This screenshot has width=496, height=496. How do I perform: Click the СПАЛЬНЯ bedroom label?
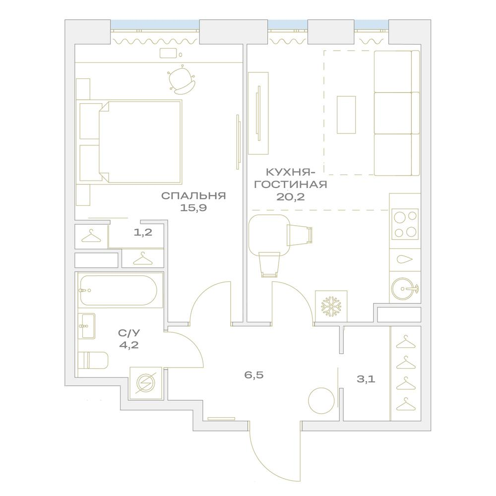point(193,196)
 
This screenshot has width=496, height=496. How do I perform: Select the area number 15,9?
point(193,208)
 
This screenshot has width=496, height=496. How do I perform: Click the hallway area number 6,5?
point(253,375)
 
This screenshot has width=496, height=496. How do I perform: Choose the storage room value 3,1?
point(366,380)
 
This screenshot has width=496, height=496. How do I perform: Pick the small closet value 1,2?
point(143,232)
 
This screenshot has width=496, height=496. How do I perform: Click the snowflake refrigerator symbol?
point(331,306)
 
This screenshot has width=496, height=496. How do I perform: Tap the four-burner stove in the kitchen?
point(405,224)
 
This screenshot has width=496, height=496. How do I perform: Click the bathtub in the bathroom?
point(119,290)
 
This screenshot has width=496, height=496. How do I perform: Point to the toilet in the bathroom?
point(94,360)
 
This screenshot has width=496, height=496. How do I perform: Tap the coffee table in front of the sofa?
point(346,115)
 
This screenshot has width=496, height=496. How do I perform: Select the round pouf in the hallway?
point(319,400)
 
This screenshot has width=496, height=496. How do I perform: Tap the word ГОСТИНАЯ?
point(290,185)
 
